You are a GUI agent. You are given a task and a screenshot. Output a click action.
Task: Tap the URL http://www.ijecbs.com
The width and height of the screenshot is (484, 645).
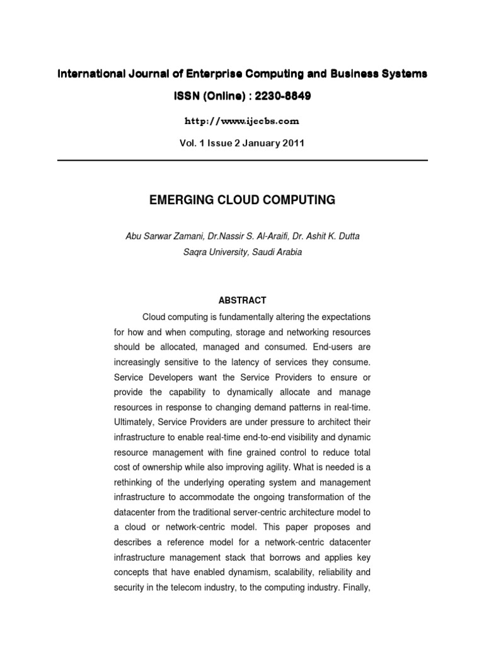(242, 120)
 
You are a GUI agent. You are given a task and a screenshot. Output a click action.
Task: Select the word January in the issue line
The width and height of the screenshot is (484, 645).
(260, 143)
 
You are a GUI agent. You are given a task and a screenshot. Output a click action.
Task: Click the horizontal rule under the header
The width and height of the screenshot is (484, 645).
(242, 160)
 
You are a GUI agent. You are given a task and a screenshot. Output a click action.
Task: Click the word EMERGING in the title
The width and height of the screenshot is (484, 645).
(180, 200)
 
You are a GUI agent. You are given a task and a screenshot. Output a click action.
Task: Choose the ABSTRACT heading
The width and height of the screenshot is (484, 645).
(242, 300)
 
